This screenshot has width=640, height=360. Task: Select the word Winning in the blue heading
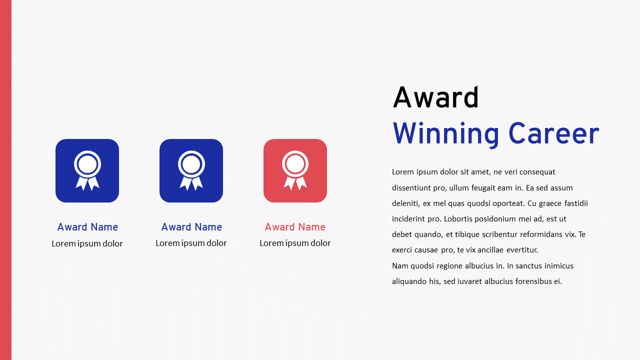coord(445,134)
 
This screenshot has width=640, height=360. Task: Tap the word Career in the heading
coord(553,134)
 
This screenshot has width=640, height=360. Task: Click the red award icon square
coord(295,170)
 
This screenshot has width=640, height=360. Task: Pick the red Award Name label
coord(295,227)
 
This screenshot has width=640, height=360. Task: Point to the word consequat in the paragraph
coord(537,172)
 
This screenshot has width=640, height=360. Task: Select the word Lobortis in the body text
coord(458,219)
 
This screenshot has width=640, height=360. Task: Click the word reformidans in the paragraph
coord(544,234)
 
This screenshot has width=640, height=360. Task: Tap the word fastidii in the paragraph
coord(576,203)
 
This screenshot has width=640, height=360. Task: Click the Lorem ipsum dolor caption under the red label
coord(295,243)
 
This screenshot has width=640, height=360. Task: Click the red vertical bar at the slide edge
coord(5,180)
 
